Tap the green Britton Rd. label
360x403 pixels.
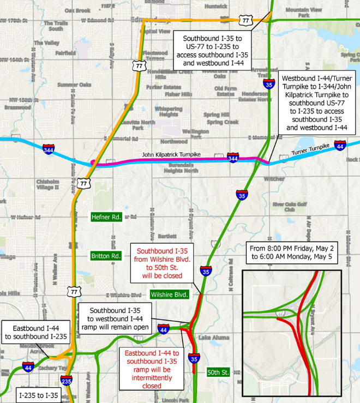click(106, 256)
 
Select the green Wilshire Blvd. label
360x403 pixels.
click(169, 294)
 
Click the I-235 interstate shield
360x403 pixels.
click(66, 380)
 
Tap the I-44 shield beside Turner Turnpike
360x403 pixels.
click(339, 146)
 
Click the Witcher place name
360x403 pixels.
click(274, 178)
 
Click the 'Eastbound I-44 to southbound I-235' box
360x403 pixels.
click(36, 331)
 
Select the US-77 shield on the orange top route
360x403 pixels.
click(247, 20)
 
